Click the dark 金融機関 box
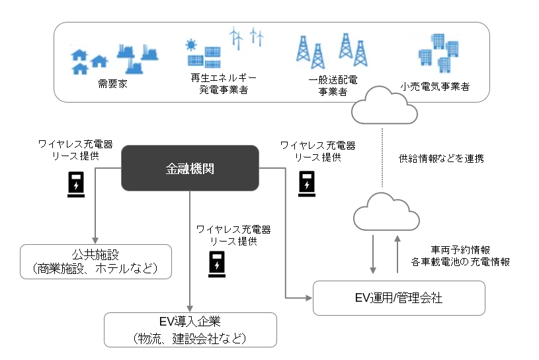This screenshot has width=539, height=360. coord(190,169)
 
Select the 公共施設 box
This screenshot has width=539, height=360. coord(96,261)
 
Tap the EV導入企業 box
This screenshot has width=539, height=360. coord(190,330)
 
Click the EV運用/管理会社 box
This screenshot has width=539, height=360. coord(399,298)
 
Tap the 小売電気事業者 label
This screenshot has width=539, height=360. coord(435,86)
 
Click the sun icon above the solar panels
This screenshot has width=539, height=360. coord(192,46)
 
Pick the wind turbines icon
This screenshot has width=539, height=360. coord(246,38)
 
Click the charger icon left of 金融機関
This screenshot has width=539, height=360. coord(77,185)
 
